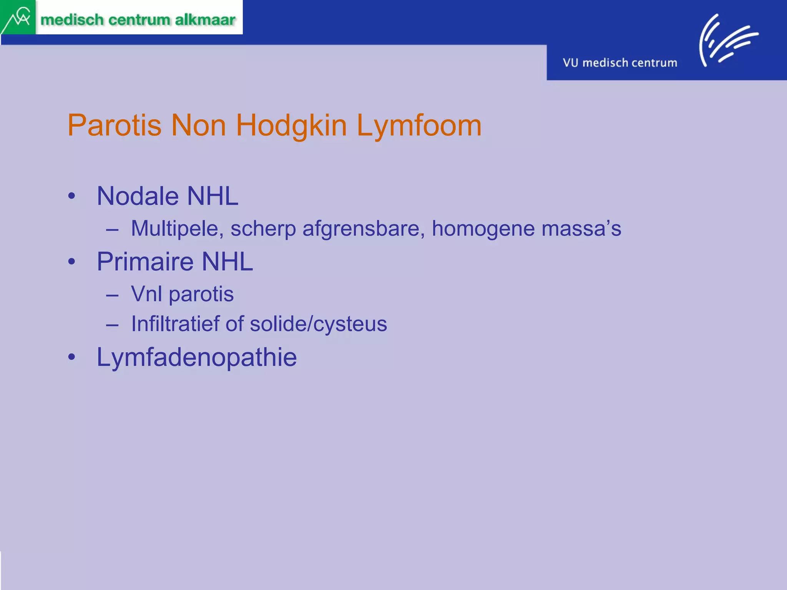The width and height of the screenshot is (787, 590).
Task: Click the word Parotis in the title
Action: [x=114, y=126]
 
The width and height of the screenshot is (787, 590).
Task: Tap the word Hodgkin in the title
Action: [x=291, y=126]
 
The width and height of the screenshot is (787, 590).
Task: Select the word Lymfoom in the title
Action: [x=419, y=126]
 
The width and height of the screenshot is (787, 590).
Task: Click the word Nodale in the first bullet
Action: [x=138, y=196]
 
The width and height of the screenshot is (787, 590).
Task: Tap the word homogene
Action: [x=483, y=229]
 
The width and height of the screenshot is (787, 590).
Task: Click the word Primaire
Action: [x=145, y=262]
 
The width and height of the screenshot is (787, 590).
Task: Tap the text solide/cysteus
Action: [x=318, y=324]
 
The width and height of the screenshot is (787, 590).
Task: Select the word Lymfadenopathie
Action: [x=196, y=357]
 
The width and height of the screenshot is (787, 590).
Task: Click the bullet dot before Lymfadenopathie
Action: [x=71, y=357]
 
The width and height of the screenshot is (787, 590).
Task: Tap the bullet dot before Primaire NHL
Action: [x=71, y=262]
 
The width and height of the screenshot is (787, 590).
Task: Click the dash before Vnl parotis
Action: [x=112, y=295]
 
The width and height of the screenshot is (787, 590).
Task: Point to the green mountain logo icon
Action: [x=17, y=17]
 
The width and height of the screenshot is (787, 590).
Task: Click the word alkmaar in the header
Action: [x=205, y=20]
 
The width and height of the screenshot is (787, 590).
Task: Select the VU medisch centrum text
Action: [x=620, y=63]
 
